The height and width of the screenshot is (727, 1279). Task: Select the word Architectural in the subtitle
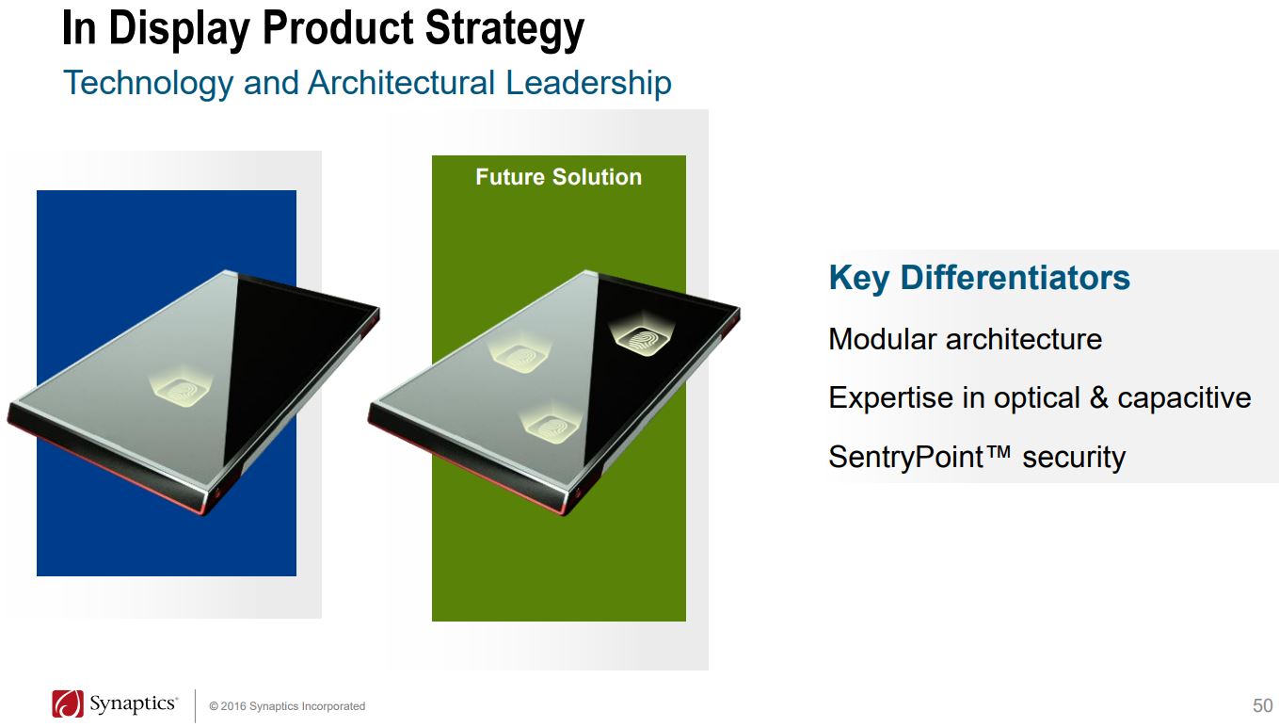[x=402, y=82]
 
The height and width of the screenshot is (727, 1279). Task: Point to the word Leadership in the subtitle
[x=589, y=84]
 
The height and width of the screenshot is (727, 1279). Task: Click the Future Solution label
[x=558, y=177]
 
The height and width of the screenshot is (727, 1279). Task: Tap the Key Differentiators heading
[x=979, y=278]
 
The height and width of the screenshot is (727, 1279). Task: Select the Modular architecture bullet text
[x=965, y=339]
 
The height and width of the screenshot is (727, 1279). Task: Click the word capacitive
[x=1184, y=397]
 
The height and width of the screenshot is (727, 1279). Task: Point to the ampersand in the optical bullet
[x=1099, y=397]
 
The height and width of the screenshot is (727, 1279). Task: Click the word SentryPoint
[x=906, y=458]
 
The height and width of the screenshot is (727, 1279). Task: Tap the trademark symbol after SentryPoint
[x=999, y=453]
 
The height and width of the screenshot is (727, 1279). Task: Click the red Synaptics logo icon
[x=68, y=703]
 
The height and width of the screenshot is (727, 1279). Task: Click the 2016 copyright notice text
[x=287, y=706]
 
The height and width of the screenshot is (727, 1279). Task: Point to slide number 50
[x=1262, y=705]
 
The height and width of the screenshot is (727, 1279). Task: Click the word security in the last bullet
[x=1074, y=458]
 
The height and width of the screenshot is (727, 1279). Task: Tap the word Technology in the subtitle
[x=149, y=84]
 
